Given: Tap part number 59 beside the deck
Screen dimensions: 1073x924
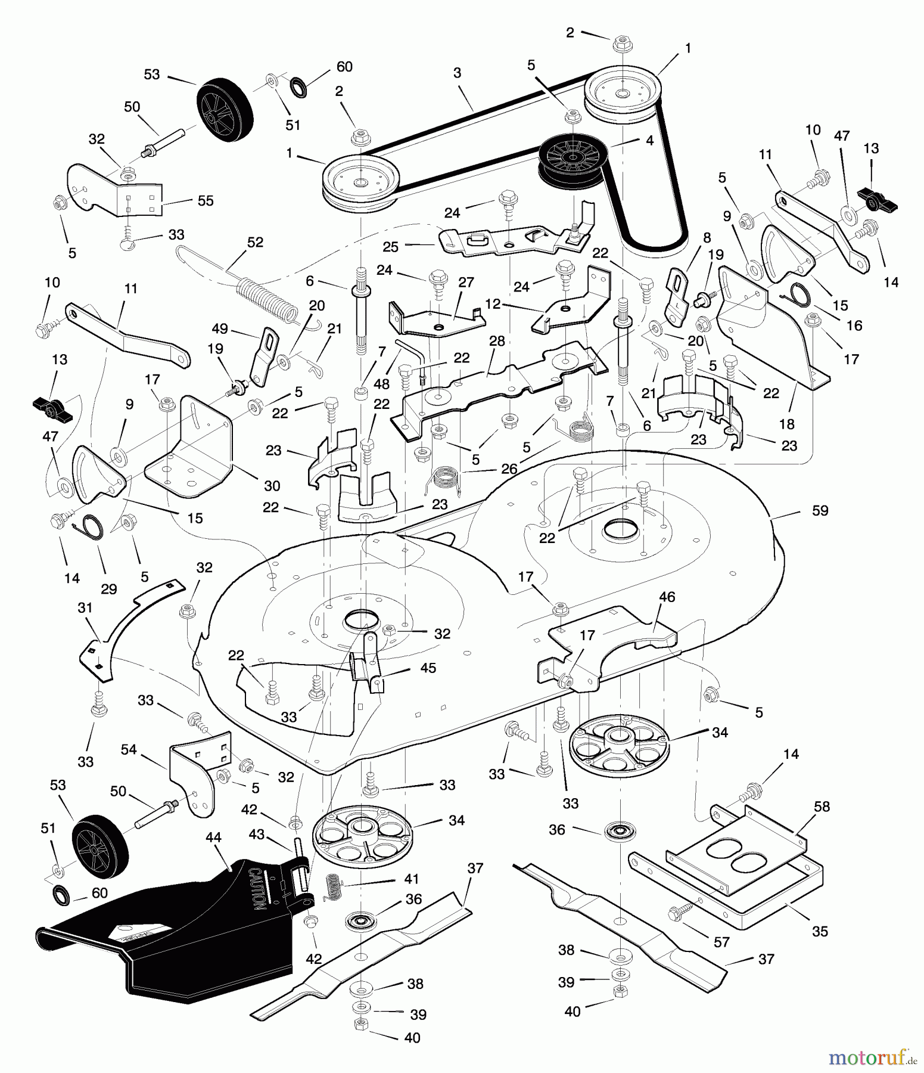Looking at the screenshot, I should pyautogui.click(x=820, y=511).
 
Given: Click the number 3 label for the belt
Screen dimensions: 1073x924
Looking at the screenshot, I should pyautogui.click(x=457, y=73).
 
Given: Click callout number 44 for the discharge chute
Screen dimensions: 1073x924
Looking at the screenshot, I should pyautogui.click(x=213, y=838).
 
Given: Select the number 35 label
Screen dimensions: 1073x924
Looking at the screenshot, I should pyautogui.click(x=820, y=931).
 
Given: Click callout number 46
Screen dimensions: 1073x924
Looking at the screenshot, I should pyautogui.click(x=667, y=597).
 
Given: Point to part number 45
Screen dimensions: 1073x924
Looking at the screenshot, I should pyautogui.click(x=428, y=668).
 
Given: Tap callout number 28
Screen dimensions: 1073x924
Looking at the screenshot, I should pyautogui.click(x=496, y=341).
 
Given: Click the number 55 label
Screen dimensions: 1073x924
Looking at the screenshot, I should pyautogui.click(x=205, y=201).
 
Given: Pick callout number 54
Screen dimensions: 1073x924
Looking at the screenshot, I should pyautogui.click(x=129, y=750).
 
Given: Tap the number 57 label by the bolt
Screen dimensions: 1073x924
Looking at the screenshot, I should pyautogui.click(x=721, y=942).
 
